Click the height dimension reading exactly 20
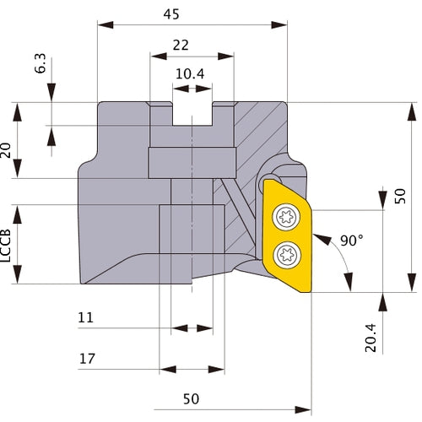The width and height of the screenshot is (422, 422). [x=8, y=149]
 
